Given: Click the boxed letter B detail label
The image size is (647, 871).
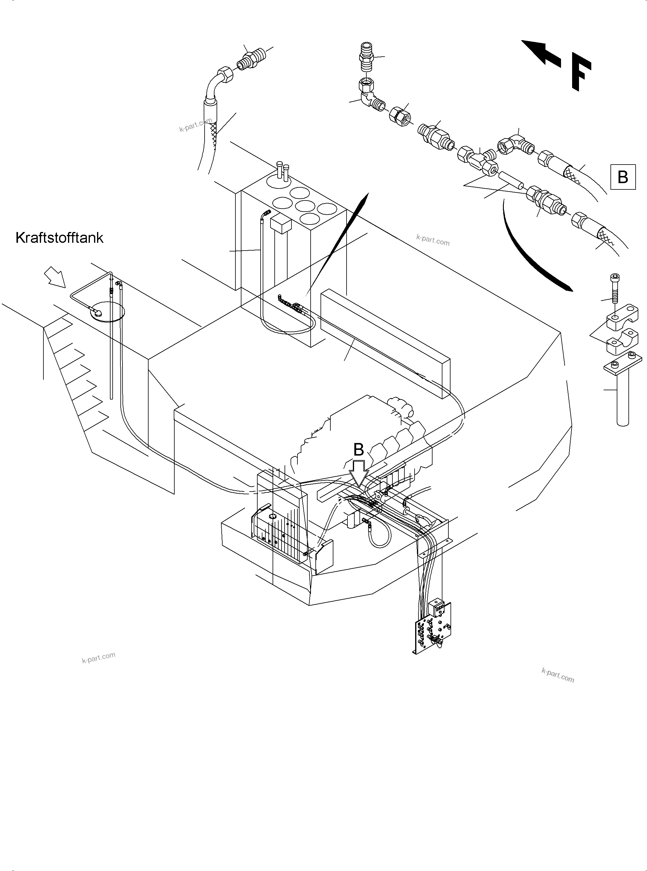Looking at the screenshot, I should click(x=622, y=177).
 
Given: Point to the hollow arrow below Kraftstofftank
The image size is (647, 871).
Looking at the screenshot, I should click(x=55, y=277).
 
